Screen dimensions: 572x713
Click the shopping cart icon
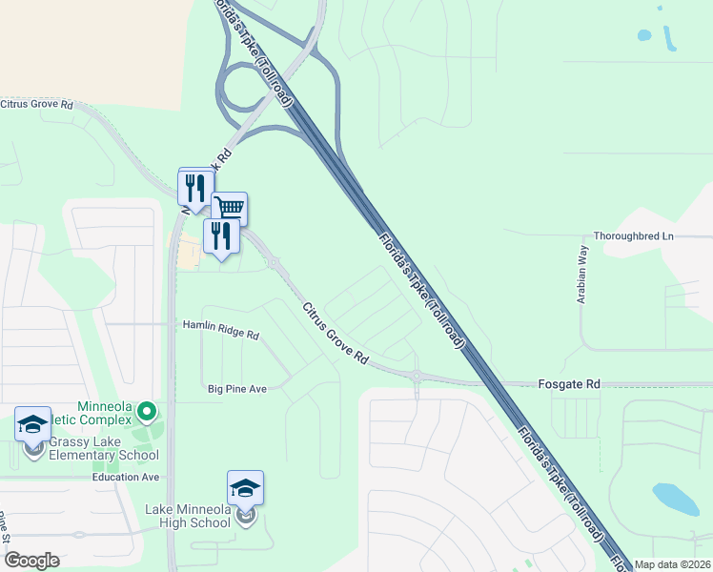click(229, 207)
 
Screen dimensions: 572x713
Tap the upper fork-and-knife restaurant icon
click(196, 186)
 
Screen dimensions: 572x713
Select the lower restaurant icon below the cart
click(221, 235)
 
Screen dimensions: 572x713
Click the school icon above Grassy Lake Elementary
click(33, 424)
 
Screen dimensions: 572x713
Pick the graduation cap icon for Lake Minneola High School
click(245, 488)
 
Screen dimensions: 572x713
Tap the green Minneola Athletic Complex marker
click(147, 411)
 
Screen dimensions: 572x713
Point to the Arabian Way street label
click(582, 274)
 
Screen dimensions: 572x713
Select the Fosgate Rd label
click(580, 383)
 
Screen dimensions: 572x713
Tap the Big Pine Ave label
click(237, 388)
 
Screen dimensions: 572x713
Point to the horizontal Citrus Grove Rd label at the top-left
click(37, 104)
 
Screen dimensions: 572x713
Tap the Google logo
click(32, 561)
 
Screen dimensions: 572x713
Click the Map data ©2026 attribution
click(673, 564)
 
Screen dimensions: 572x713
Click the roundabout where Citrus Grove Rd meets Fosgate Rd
click(417, 375)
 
